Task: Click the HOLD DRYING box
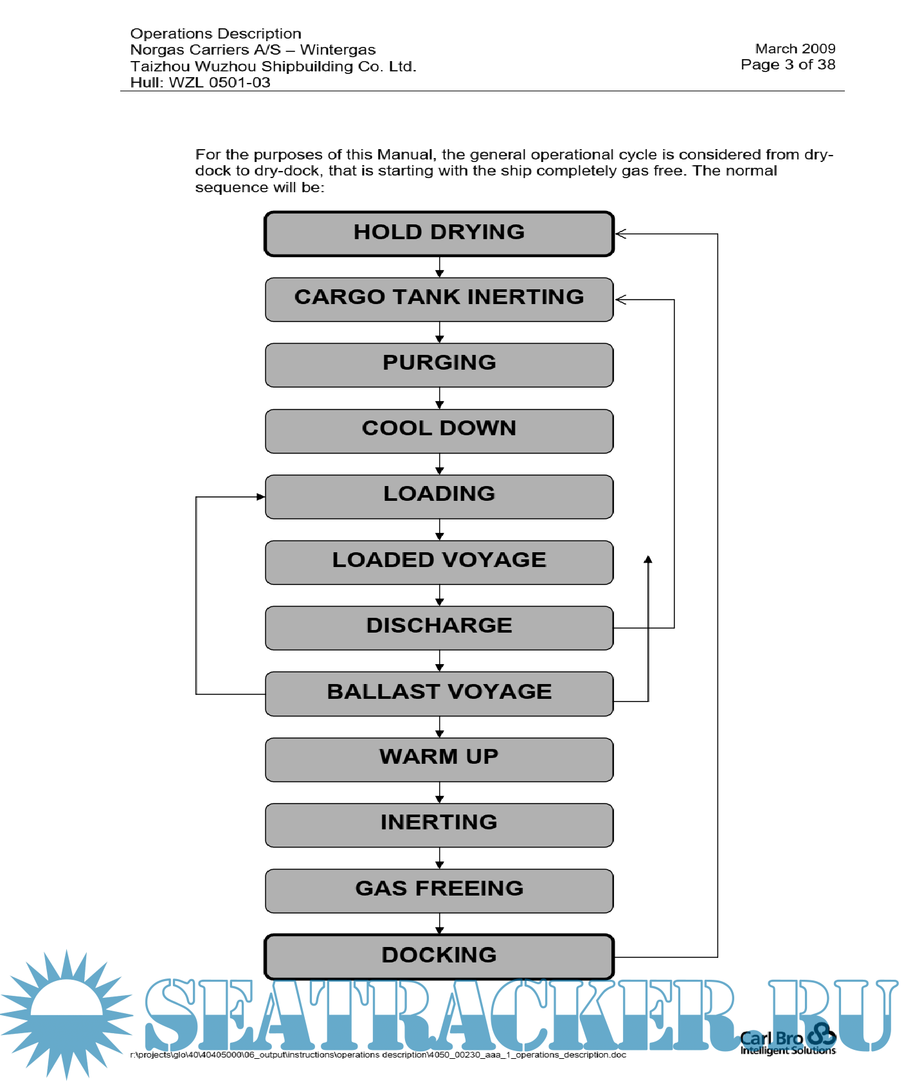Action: tap(439, 234)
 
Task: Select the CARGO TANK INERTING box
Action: tap(439, 300)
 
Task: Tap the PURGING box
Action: tap(439, 365)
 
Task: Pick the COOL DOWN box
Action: tap(439, 431)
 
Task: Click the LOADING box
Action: tap(439, 496)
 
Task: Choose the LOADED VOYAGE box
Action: tap(439, 562)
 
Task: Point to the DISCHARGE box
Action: tap(439, 627)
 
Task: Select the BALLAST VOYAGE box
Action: tap(439, 694)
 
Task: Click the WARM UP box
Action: tap(439, 759)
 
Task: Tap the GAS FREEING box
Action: tap(439, 890)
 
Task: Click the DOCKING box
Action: tap(439, 957)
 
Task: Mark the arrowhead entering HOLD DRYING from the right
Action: tap(620, 234)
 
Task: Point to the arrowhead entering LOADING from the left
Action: tap(260, 497)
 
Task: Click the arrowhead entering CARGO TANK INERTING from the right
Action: tap(620, 300)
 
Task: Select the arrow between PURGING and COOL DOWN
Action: tap(440, 399)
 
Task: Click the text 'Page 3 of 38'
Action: tap(788, 65)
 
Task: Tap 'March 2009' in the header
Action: tap(795, 49)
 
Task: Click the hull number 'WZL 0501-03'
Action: tap(219, 83)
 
